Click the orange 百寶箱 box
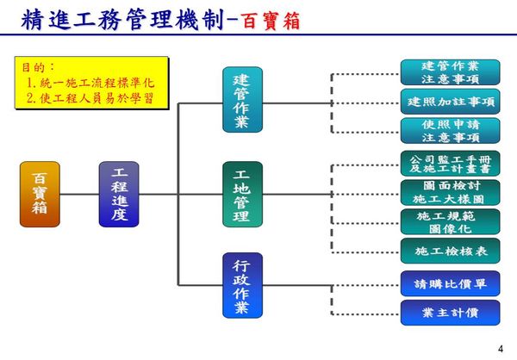[x=40, y=194]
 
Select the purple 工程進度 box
[x=119, y=194]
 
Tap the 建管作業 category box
[x=243, y=100]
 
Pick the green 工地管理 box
[x=243, y=194]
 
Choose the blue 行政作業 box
[x=243, y=285]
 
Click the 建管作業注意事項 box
[x=451, y=72]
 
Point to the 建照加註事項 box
[x=451, y=102]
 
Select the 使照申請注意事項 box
[x=451, y=131]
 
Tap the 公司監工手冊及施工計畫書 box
[x=451, y=164]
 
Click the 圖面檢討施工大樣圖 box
[x=451, y=193]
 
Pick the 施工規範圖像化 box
[x=451, y=222]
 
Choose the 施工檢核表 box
[x=451, y=251]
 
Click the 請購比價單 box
[x=451, y=283]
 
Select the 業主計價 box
[x=451, y=313]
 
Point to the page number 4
[x=501, y=349]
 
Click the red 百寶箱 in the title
[x=271, y=21]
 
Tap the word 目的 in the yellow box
[x=34, y=67]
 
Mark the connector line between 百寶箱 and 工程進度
[x=79, y=194]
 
